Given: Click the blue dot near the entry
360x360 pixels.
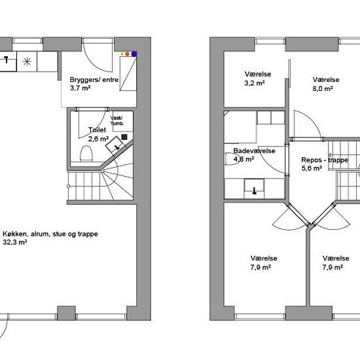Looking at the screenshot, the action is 134,54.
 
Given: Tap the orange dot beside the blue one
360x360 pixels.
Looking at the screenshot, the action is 128,54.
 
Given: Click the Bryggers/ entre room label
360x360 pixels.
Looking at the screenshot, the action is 94,80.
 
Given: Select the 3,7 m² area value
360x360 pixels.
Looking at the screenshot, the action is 80,88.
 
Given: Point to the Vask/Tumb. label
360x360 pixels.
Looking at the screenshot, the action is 117,121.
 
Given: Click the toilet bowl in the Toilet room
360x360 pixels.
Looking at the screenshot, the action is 86,153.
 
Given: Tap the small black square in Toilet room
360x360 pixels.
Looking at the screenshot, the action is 124,137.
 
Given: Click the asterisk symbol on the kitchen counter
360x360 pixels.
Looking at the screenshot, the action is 27,62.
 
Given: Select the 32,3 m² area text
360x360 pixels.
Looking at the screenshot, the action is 15,242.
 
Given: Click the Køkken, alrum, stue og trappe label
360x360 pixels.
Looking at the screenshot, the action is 50,234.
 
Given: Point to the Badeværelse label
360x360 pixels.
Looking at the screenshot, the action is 254,151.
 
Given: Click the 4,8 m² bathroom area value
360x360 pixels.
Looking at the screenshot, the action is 243,159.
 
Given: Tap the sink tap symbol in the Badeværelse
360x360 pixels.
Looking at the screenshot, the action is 255,191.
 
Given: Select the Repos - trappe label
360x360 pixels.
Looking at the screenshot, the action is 325,160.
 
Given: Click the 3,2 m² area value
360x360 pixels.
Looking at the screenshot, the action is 255,83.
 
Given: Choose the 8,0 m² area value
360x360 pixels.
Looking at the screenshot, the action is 323,88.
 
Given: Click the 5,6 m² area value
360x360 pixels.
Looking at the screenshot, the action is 312,168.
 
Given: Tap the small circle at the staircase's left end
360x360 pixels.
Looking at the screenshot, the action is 68,186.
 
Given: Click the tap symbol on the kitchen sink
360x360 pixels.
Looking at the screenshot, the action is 7,59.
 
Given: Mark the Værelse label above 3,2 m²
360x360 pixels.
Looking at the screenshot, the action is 258,74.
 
